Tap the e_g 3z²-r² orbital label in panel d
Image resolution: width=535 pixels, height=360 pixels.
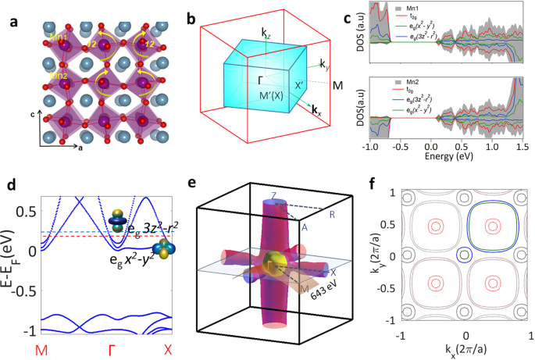pyautogui.click(x=156, y=227)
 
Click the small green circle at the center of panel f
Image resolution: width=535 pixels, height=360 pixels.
pyautogui.click(x=465, y=255)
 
